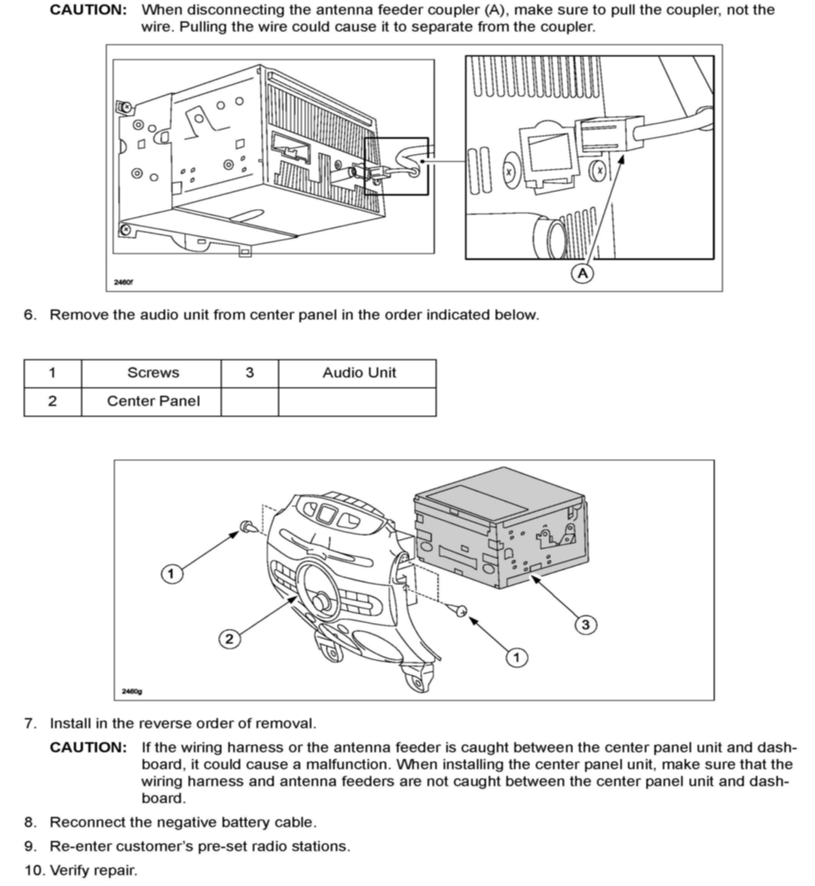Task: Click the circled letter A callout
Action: point(582,274)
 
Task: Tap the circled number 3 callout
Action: point(586,624)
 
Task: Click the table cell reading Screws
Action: point(153,373)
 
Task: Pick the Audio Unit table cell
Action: point(359,373)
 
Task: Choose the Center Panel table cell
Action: point(153,402)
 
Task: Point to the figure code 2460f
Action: point(124,282)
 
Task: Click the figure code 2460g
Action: point(132,691)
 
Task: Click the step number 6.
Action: point(29,315)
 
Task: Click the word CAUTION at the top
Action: point(88,10)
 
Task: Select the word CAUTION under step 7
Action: point(88,747)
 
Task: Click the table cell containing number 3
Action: point(250,373)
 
